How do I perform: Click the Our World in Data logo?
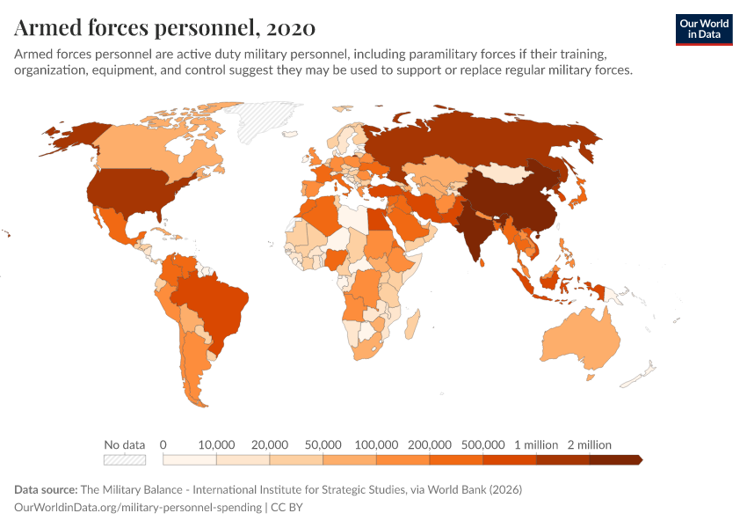coord(703,29)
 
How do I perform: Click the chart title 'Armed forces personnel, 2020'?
coord(164,28)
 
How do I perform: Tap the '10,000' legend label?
coord(216,444)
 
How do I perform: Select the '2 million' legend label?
coord(589,444)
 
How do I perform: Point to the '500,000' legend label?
coord(483,444)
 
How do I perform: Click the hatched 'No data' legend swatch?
coord(124,459)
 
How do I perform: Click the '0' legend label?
coord(163,444)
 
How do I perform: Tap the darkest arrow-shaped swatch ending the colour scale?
coord(616,459)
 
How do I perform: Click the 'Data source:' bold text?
coord(46,489)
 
